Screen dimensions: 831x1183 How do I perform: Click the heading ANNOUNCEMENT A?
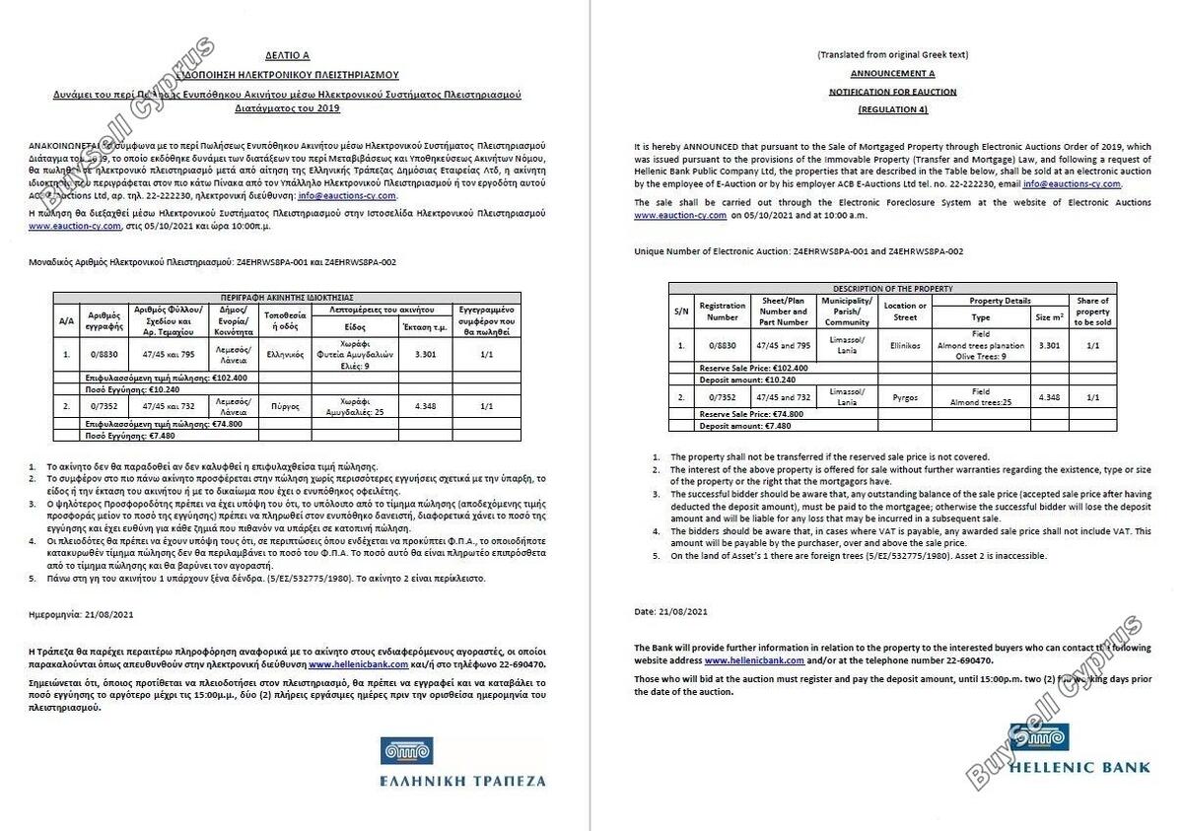892,74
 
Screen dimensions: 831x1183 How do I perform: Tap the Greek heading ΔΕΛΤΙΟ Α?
287,57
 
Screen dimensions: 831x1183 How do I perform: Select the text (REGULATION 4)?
892,108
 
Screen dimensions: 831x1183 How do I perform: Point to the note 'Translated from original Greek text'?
892,55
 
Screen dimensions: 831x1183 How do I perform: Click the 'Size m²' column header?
1049,317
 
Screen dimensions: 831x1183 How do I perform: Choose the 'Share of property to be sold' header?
1092,312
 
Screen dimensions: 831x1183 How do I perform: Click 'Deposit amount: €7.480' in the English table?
731,426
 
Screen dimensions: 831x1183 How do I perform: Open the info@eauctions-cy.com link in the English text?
1072,184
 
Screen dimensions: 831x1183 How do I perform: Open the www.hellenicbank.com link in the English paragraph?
754,659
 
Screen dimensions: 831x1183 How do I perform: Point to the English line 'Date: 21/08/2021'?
670,612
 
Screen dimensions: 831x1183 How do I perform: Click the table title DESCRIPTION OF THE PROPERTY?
892,289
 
